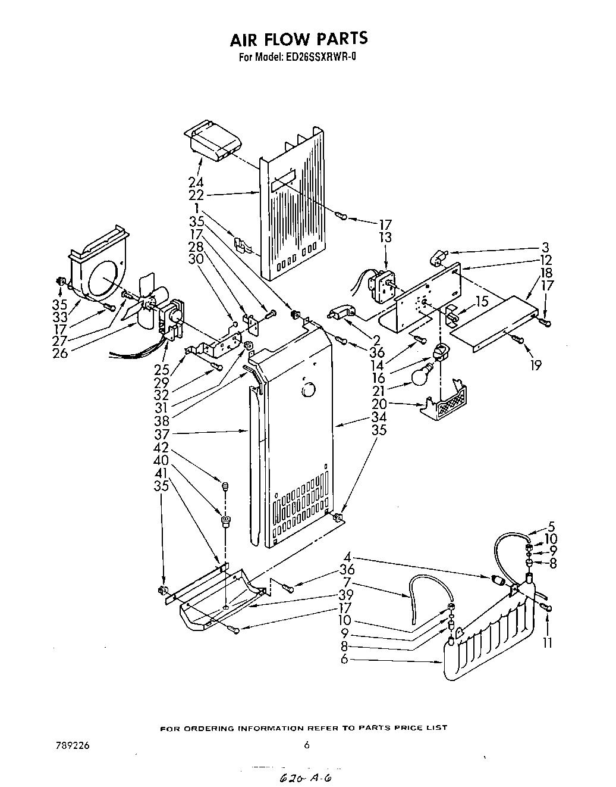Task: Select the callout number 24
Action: pos(196,183)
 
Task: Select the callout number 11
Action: pos(548,642)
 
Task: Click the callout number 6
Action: pos(345,660)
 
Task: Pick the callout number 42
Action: pos(161,448)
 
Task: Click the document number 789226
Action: pos(69,744)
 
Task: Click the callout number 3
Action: pos(545,247)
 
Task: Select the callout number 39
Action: pos(345,595)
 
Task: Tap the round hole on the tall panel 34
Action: pos(308,390)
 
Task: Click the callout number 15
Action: pos(481,302)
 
